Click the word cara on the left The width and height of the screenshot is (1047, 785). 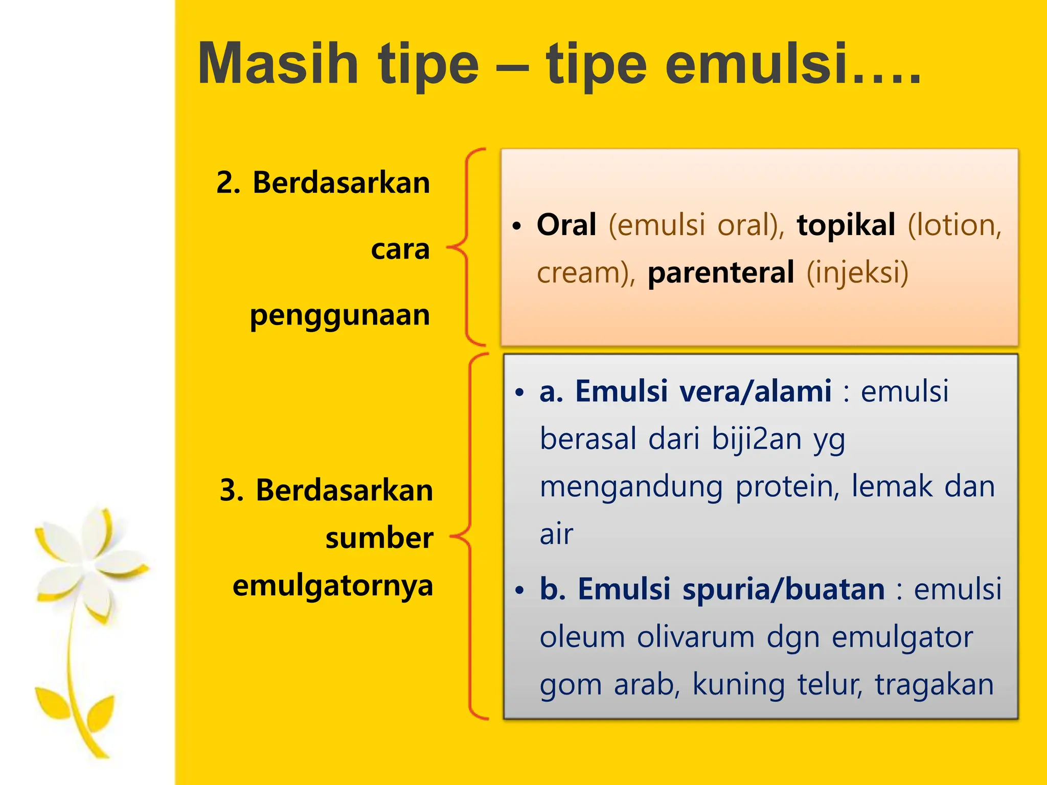click(400, 249)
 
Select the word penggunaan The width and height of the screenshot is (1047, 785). click(339, 315)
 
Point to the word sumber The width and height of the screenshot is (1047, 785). click(379, 538)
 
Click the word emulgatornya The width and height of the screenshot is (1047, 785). click(332, 586)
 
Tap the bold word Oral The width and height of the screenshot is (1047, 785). click(566, 225)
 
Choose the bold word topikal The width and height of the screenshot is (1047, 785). click(846, 225)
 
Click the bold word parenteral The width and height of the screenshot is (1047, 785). click(720, 272)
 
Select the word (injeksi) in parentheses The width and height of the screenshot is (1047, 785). click(857, 272)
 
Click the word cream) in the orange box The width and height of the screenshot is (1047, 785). click(586, 272)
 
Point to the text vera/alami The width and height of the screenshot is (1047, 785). click(755, 391)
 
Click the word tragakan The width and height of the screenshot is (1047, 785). click(934, 685)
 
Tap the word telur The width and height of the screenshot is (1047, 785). click(829, 685)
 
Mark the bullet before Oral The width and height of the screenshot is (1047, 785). click(517, 225)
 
